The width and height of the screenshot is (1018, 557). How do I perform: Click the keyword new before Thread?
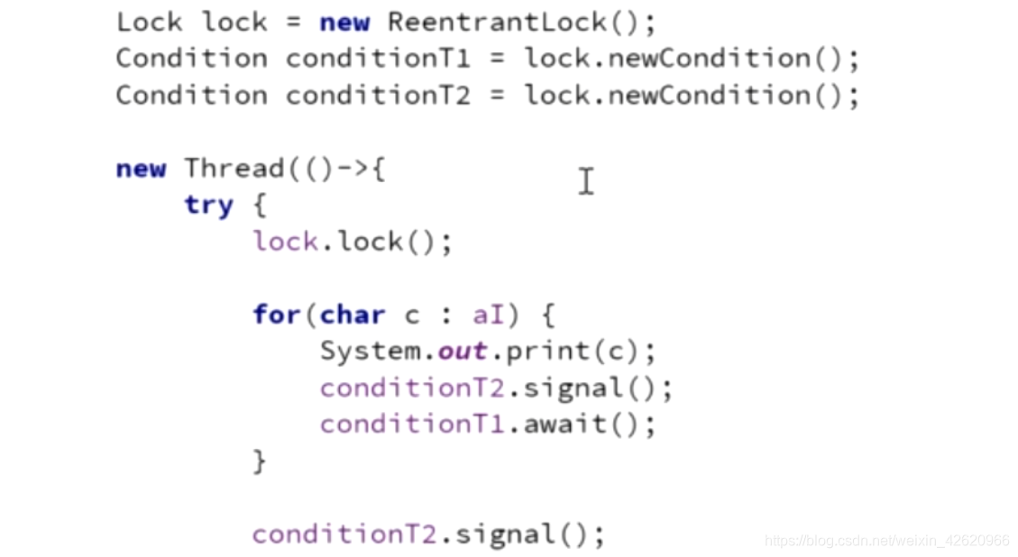pos(141,169)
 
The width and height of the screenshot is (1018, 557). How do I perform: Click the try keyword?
pos(208,205)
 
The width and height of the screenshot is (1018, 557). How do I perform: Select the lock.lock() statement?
pos(353,242)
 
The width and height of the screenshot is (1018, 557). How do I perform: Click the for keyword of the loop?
pos(277,315)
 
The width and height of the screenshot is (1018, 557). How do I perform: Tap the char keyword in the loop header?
pos(353,315)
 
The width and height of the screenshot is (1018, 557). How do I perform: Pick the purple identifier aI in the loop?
pos(489,315)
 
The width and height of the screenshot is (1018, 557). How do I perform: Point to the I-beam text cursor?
pos(586,181)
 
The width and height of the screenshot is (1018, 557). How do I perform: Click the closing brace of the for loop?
pos(260,461)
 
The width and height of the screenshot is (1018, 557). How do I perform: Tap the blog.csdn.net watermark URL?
pos(886,541)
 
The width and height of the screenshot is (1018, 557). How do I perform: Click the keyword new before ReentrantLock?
pos(344,22)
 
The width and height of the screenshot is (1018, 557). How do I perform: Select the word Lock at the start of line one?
pos(150,22)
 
